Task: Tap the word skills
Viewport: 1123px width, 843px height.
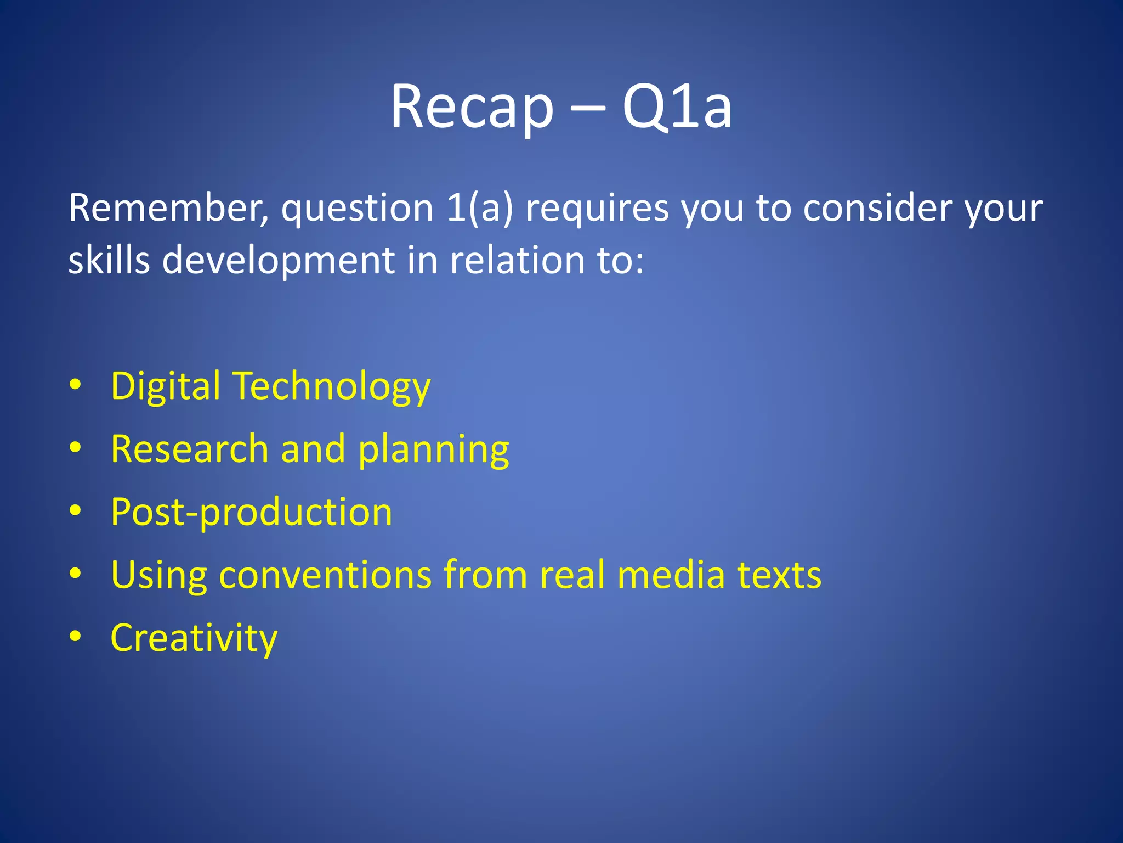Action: tap(109, 260)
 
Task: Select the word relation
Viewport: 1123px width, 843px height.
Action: tap(518, 260)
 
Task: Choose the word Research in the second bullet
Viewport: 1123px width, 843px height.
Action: tap(190, 449)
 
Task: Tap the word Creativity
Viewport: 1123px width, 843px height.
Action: tap(194, 638)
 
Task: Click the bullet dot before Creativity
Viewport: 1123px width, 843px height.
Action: tap(76, 637)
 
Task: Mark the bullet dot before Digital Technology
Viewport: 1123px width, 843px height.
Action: tap(76, 385)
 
